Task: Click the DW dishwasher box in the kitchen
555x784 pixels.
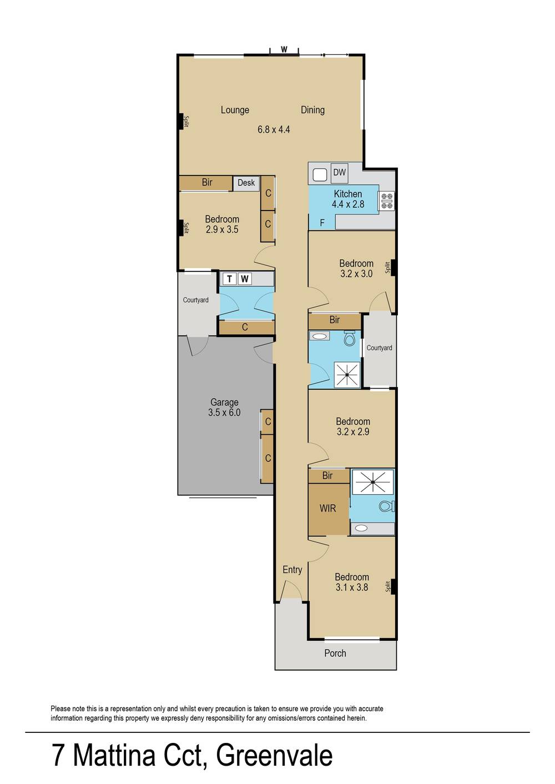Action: [339, 173]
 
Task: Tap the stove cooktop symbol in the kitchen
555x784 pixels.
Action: [386, 201]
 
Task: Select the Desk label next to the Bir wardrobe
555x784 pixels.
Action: [246, 183]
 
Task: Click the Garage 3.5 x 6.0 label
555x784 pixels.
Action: [224, 408]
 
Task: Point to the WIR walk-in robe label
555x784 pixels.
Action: [327, 508]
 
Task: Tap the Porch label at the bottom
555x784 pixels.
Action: [335, 654]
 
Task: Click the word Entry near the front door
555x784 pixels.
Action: [292, 570]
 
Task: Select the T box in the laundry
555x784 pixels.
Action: [229, 279]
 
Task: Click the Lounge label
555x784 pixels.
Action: [235, 110]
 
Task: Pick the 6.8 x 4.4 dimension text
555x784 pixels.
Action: [274, 130]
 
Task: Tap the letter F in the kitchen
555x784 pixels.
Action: [322, 223]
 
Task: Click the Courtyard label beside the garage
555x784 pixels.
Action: [196, 300]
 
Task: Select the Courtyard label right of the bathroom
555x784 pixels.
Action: [379, 348]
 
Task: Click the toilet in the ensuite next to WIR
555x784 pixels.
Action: [386, 506]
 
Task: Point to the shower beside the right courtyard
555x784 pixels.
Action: [347, 375]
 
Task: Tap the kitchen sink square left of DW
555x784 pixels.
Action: [319, 175]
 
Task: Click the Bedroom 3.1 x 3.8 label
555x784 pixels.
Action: [352, 582]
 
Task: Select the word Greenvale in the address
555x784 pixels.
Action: [274, 756]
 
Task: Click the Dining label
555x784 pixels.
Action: [312, 110]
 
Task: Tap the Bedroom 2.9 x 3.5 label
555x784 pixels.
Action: [222, 224]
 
